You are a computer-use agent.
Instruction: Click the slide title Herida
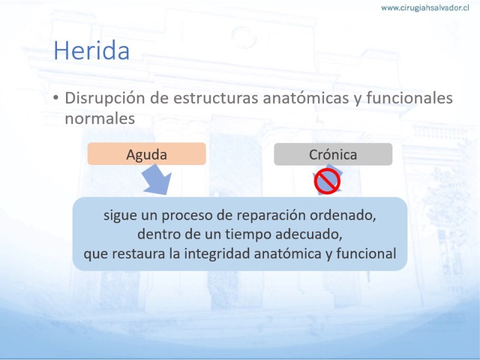click(x=92, y=50)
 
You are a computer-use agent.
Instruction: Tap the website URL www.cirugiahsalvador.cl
click(x=425, y=8)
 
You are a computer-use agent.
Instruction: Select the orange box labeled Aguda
click(x=146, y=154)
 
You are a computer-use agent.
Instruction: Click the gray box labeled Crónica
click(x=333, y=154)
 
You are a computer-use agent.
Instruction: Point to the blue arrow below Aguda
click(x=157, y=179)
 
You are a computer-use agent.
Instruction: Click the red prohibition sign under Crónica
click(x=327, y=181)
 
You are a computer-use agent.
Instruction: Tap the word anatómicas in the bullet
click(x=306, y=98)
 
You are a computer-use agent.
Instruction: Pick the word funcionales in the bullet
click(x=409, y=98)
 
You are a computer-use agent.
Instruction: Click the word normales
click(x=100, y=119)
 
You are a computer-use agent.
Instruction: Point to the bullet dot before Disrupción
click(x=55, y=98)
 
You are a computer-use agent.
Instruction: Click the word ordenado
click(x=343, y=215)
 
